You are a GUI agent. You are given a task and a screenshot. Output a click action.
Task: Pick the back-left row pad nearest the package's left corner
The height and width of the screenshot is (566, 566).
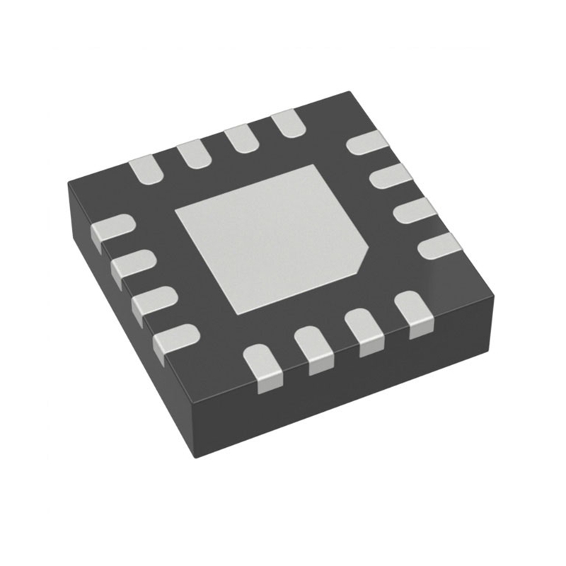point(146,169)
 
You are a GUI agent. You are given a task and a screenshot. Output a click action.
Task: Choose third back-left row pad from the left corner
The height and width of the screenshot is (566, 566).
point(241,138)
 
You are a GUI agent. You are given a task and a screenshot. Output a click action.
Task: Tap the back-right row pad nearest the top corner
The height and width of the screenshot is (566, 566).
point(367,142)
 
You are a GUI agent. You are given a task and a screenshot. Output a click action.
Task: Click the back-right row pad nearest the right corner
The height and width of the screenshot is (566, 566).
point(439,246)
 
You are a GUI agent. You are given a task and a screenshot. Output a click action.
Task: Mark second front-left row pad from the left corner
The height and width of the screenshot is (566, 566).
point(134,264)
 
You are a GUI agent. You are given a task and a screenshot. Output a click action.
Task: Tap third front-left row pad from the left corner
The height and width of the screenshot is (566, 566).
point(155,301)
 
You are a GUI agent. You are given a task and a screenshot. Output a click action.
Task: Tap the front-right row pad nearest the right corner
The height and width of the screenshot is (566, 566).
point(412,312)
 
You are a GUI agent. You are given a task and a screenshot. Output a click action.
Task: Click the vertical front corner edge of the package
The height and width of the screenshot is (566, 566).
point(193,432)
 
